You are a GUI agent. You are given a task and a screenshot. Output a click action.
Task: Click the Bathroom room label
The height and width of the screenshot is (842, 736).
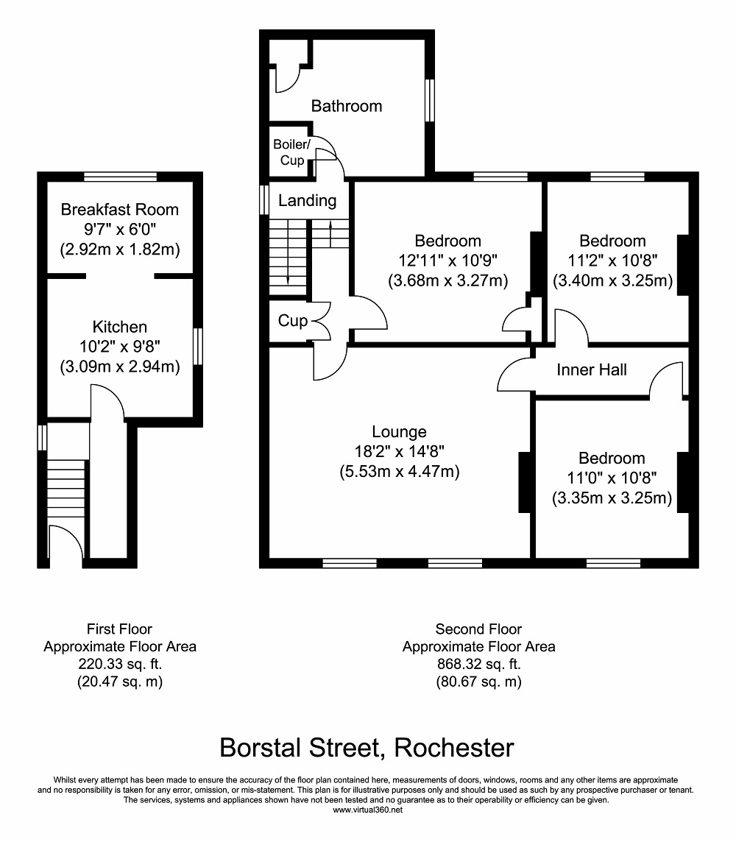[346, 106]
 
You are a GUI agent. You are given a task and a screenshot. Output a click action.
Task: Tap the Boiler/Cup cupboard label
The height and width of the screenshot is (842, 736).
[291, 152]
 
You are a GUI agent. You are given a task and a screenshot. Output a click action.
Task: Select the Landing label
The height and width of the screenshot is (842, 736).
[307, 200]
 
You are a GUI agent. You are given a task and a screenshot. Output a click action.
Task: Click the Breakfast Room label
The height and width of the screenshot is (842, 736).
[119, 210]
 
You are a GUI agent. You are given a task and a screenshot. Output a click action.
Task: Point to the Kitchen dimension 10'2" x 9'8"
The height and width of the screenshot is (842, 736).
[120, 347]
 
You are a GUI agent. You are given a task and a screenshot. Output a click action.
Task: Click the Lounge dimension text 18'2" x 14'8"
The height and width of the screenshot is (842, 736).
[399, 452]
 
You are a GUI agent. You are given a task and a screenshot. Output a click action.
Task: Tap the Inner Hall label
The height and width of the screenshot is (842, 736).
[592, 369]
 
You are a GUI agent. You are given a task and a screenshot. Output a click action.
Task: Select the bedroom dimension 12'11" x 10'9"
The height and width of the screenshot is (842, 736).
[447, 261]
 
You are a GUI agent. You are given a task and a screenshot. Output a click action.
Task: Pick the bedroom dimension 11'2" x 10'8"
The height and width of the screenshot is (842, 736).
[612, 261]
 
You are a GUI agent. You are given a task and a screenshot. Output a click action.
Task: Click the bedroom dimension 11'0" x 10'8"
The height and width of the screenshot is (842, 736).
[612, 478]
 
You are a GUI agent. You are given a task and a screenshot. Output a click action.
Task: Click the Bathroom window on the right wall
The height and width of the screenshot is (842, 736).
[430, 100]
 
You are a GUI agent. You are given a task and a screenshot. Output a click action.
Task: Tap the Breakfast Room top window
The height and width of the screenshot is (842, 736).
[120, 176]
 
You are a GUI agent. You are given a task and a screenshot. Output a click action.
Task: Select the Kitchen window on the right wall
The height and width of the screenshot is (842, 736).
[198, 347]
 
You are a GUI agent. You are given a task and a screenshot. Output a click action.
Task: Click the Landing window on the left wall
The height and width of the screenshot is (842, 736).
[263, 200]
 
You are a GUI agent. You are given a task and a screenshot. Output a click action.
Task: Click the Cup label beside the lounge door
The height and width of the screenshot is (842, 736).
[293, 321]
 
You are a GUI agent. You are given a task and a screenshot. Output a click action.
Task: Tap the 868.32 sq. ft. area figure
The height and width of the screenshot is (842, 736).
[478, 665]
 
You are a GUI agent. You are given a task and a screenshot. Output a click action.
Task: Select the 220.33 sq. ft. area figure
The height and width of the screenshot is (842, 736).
[120, 665]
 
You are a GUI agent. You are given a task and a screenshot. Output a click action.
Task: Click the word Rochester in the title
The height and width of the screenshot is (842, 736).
[454, 748]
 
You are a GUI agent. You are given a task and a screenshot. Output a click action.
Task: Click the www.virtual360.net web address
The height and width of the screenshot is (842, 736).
[367, 810]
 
